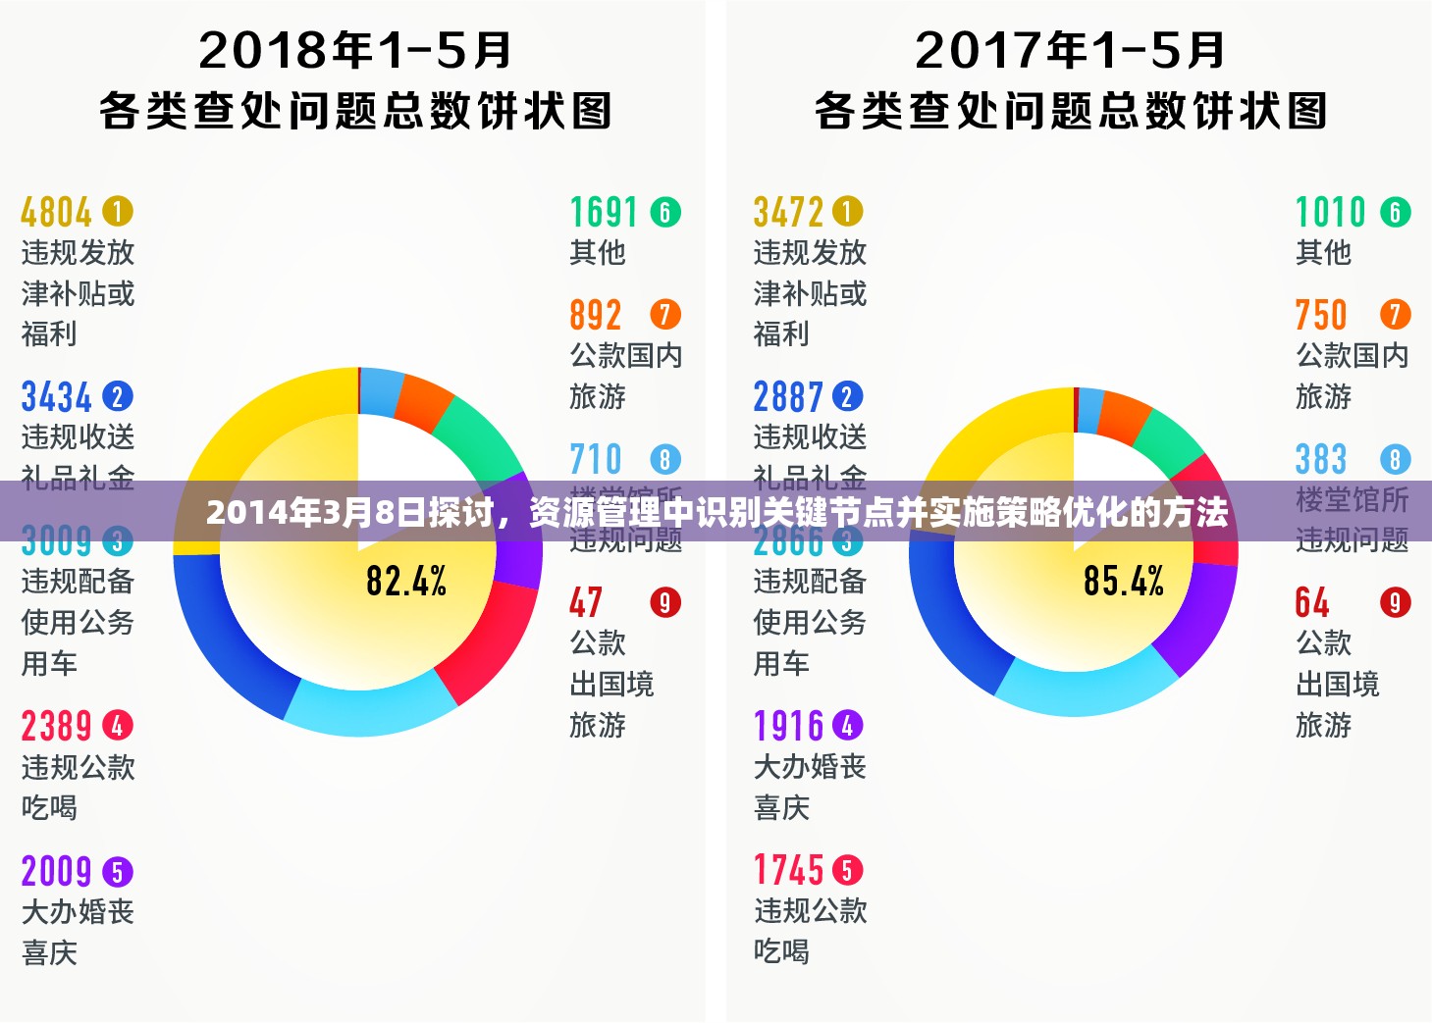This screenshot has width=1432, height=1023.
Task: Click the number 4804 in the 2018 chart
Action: click(x=56, y=212)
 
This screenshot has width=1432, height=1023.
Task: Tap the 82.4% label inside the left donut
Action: click(x=406, y=581)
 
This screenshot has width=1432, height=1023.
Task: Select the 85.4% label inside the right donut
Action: click(x=1124, y=581)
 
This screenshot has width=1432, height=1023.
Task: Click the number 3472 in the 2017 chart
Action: click(x=788, y=212)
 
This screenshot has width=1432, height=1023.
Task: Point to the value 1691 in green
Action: click(x=604, y=212)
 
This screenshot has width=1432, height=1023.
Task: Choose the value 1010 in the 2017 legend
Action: click(x=1330, y=212)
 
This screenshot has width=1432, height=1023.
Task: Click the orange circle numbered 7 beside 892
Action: click(x=664, y=315)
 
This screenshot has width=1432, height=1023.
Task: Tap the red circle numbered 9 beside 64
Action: click(x=1395, y=602)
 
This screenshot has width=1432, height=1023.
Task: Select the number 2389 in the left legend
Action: click(x=56, y=727)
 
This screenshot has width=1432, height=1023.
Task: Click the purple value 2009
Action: click(x=56, y=871)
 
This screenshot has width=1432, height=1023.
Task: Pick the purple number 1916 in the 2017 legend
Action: click(x=788, y=727)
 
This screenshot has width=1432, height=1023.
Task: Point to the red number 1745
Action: click(x=788, y=870)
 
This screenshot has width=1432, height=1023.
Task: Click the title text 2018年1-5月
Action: click(x=355, y=51)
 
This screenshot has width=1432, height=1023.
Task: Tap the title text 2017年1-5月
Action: click(x=1070, y=51)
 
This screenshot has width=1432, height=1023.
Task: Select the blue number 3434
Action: click(x=56, y=397)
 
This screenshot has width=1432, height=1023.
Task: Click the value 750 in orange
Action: click(x=1320, y=315)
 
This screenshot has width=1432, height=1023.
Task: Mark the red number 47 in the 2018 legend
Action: click(x=586, y=602)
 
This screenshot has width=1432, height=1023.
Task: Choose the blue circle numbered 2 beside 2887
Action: click(x=847, y=397)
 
